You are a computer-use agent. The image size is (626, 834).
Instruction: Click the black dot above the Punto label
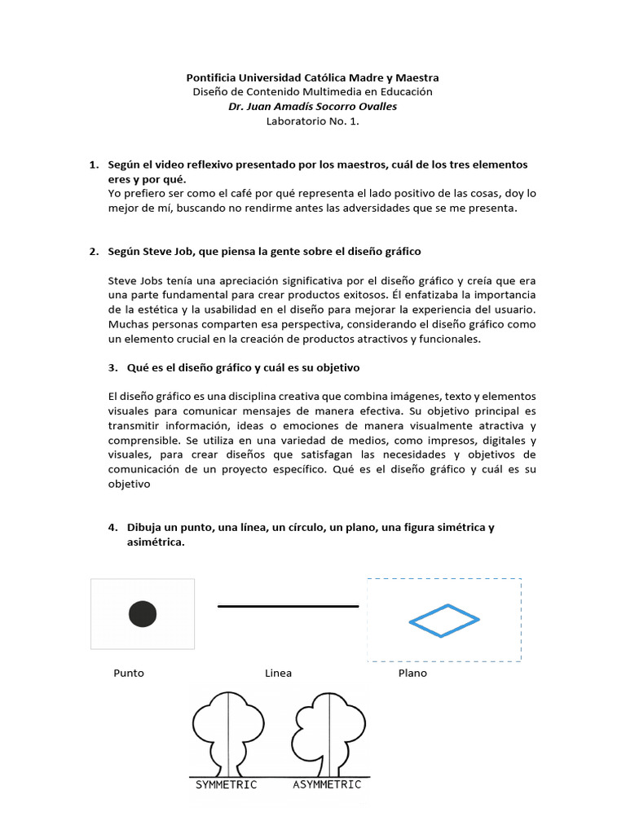pos(142,613)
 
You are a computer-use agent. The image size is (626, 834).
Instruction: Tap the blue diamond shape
pos(443,620)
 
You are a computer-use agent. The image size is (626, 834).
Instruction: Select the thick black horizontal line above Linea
pos(288,606)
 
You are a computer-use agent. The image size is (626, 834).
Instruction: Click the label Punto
pos(129,674)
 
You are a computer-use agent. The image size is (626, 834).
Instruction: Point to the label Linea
pos(278,674)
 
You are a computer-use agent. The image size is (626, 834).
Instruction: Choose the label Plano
pos(412,674)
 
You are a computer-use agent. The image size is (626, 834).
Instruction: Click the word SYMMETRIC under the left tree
pos(226,785)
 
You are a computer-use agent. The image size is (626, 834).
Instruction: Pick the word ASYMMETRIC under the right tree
pos(327,785)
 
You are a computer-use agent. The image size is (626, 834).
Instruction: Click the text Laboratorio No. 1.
pos(312,121)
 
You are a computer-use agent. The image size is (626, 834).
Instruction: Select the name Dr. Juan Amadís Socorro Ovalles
pos(312,107)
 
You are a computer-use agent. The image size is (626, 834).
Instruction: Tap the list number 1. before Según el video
pos(94,165)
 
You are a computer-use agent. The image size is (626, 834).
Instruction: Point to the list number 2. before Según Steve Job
pos(94,251)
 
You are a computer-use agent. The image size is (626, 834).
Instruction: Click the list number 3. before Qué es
pos(112,367)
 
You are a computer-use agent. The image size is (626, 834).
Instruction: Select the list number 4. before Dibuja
pos(112,527)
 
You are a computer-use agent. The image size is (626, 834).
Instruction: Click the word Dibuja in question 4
pos(144,527)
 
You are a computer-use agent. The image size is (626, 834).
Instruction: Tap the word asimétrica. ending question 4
pos(156,542)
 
